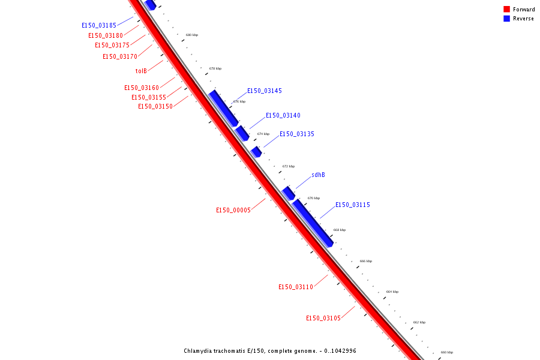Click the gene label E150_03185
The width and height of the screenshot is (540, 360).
point(99,26)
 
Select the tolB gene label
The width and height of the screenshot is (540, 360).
point(141,71)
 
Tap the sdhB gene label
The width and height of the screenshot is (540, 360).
point(318,175)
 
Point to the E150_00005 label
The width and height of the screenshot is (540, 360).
point(233,210)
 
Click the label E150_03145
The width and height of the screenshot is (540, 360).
point(265,91)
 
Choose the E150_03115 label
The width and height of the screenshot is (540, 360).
point(353,205)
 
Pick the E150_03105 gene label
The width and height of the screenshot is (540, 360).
point(323,318)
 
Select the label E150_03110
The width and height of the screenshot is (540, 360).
point(296,287)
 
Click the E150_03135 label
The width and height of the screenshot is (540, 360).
point(297,134)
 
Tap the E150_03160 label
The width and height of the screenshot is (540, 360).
point(142,88)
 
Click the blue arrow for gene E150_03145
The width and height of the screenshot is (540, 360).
point(223,108)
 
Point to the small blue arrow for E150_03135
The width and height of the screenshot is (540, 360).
point(256,151)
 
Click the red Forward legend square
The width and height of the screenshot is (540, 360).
point(506,10)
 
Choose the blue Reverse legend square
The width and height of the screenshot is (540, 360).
point(506,19)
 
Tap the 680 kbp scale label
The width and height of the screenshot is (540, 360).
point(192,35)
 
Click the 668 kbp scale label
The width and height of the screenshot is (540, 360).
point(340,230)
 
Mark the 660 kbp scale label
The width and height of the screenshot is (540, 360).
point(447,352)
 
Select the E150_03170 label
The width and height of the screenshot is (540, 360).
point(120,57)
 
